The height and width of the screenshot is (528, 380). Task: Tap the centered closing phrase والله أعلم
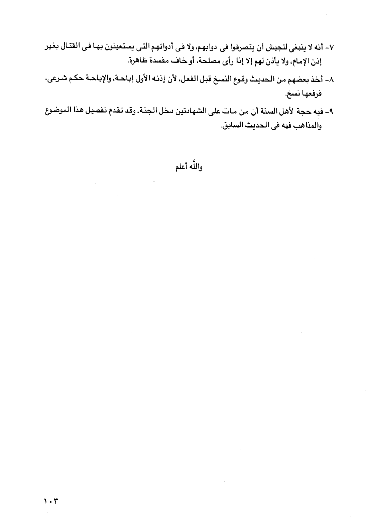[x=189, y=167]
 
